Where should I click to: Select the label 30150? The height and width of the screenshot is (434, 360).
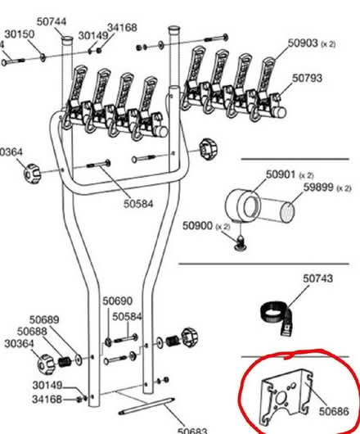click(x=19, y=34)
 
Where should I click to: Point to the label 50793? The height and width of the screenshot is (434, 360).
click(x=308, y=79)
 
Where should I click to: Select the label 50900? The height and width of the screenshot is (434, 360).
click(x=196, y=225)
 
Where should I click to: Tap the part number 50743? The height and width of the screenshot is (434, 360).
click(x=317, y=278)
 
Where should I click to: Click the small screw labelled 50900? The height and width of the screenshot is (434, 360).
click(x=241, y=242)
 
